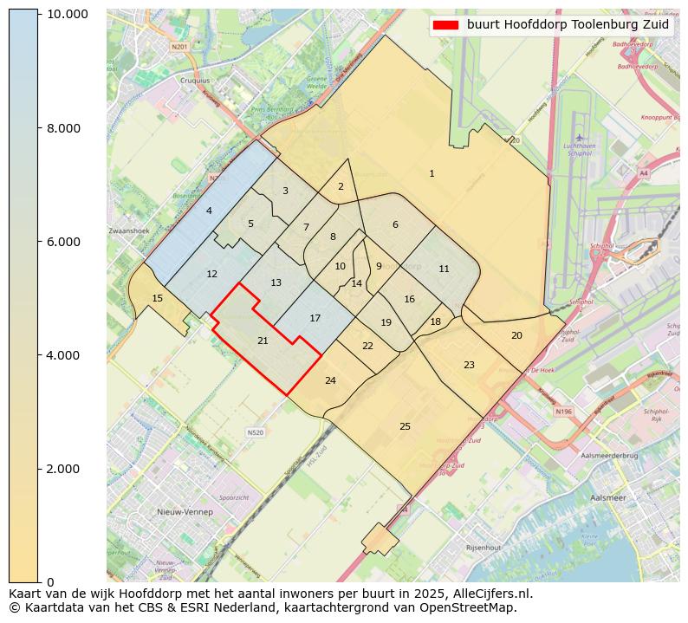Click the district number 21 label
pyautogui.click(x=263, y=341)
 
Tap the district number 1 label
pyautogui.click(x=432, y=174)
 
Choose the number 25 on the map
pyautogui.click(x=405, y=426)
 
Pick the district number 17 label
pyautogui.click(x=315, y=319)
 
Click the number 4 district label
pyautogui.click(x=209, y=211)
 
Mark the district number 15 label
pyautogui.click(x=157, y=299)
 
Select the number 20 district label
pyautogui.click(x=516, y=335)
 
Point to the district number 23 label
pyautogui.click(x=469, y=365)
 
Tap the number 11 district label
pyautogui.click(x=444, y=269)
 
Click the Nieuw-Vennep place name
pyautogui.click(x=185, y=512)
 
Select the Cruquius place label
pyautogui.click(x=194, y=81)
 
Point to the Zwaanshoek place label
pyautogui.click(x=129, y=231)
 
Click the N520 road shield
pyautogui.click(x=255, y=432)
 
